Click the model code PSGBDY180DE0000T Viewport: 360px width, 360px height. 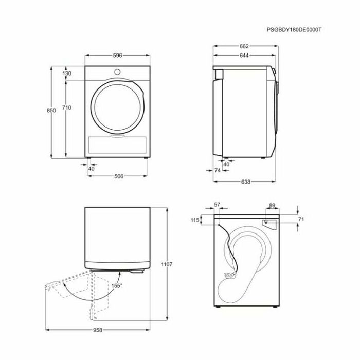[294, 30]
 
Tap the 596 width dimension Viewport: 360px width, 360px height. [117, 56]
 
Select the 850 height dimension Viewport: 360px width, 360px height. [51, 110]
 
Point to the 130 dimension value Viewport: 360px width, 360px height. [66, 74]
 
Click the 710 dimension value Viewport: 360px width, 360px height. [66, 107]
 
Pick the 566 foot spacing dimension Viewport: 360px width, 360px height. [119, 176]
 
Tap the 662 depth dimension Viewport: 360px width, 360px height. [244, 46]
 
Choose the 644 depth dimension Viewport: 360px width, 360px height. [244, 56]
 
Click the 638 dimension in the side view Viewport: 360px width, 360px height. [245, 182]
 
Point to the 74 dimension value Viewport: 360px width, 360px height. [218, 170]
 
